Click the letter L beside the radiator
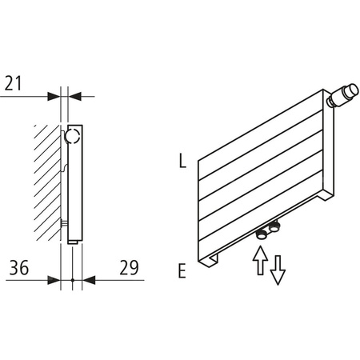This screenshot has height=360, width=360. click(x=182, y=162)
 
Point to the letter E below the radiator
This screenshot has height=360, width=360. click(x=182, y=271)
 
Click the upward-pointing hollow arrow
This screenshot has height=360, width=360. click(x=258, y=261)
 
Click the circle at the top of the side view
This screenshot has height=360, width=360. click(x=73, y=135)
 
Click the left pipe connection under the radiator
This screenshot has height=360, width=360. click(x=261, y=234)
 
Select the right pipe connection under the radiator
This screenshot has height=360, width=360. click(x=274, y=231)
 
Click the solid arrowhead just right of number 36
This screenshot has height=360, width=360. click(x=55, y=280)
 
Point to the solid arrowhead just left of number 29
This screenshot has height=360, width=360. click(x=88, y=280)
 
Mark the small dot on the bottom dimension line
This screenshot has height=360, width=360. click(x=72, y=280)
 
